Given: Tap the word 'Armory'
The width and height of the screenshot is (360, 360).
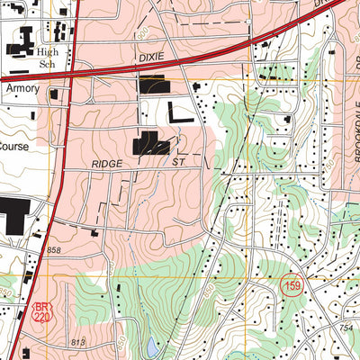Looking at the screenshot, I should (x=22, y=90).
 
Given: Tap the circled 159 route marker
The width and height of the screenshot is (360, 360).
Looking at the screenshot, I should (x=291, y=285).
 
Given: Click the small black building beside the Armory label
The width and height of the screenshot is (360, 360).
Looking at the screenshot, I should (x=54, y=94).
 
